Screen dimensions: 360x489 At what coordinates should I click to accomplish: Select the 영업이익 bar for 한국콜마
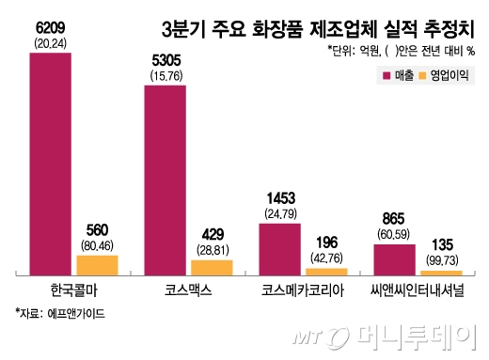coord(118,263)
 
